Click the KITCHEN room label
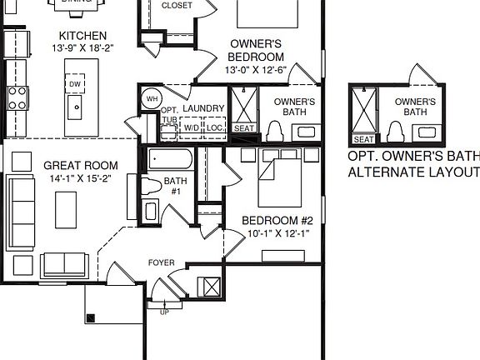click(x=82, y=36)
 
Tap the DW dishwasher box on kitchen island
click(x=75, y=84)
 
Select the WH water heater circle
click(x=151, y=98)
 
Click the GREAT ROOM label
click(x=80, y=166)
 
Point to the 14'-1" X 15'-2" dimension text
click(x=80, y=178)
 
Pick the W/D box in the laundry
click(x=192, y=127)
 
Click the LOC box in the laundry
click(x=215, y=127)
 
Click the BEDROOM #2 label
click(x=277, y=220)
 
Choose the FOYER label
click(x=162, y=263)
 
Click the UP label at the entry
click(x=165, y=312)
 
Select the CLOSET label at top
click(x=176, y=6)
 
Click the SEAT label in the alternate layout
click(x=364, y=139)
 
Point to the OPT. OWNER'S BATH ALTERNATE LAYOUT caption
click(x=413, y=164)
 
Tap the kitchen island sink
click(x=76, y=106)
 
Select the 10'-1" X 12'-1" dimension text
click(x=277, y=232)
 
